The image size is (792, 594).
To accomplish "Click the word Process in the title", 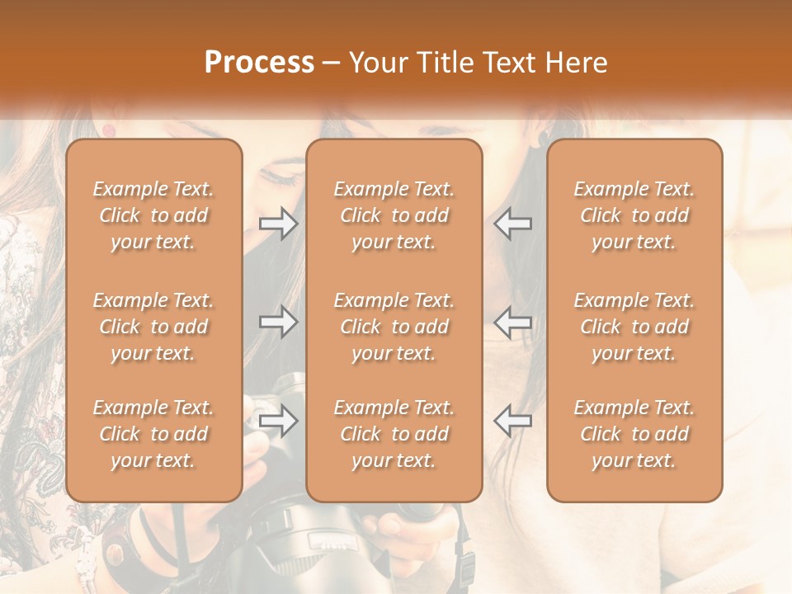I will point(259,63).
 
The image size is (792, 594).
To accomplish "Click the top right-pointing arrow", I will point(279,223).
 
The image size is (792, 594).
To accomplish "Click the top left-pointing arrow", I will point(513,223).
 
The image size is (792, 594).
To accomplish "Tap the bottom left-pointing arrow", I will point(513,421).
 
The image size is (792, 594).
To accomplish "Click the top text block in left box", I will point(153,215).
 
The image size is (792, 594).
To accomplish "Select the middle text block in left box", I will point(153,327).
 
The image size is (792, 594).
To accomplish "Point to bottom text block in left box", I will point(153,434).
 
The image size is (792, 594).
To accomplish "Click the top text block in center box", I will point(394,215).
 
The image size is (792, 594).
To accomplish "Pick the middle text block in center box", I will point(394,327).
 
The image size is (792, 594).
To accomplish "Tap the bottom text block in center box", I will point(394,434).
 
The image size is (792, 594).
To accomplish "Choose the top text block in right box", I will point(634,215).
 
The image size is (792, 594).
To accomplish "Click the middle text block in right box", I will point(634,327).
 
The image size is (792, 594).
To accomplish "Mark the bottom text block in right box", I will point(634,434).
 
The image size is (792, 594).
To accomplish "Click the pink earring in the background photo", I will point(109,130).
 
